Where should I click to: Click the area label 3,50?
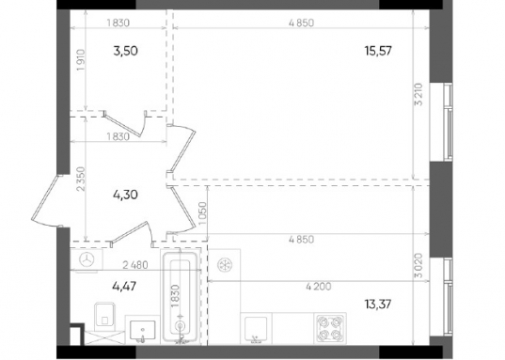(x=126, y=51)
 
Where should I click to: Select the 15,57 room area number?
(x=378, y=51)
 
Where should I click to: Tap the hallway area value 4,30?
(x=126, y=195)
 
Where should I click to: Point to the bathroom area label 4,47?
(x=124, y=286)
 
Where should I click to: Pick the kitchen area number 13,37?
(x=378, y=304)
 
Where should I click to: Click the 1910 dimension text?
(x=81, y=60)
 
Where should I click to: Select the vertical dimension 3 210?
(x=418, y=94)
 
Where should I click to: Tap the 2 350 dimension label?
(x=81, y=179)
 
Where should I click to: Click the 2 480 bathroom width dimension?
(x=135, y=265)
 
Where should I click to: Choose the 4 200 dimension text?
(x=318, y=286)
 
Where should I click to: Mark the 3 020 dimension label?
(x=418, y=265)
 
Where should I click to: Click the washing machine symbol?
(x=87, y=259)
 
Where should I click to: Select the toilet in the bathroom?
(x=104, y=316)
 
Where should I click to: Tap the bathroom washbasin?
(x=142, y=329)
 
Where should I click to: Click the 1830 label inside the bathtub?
(x=175, y=296)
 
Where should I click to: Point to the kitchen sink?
(x=256, y=328)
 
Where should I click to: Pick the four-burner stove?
(x=330, y=328)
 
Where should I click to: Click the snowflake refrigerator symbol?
(x=224, y=265)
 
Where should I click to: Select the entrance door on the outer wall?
(x=47, y=201)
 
